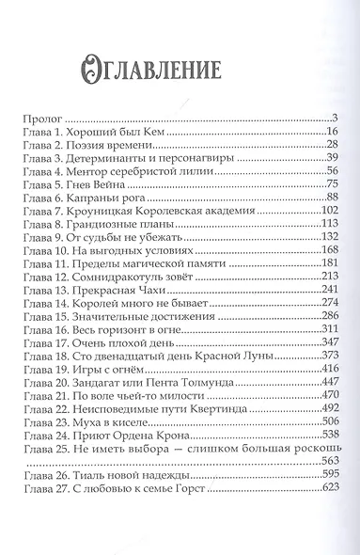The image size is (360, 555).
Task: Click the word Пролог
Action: click(x=41, y=119)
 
